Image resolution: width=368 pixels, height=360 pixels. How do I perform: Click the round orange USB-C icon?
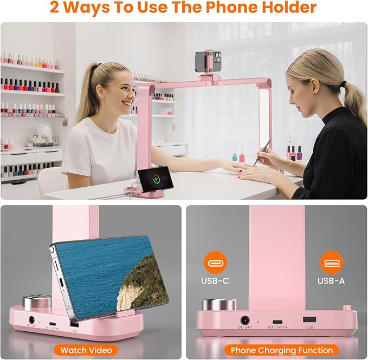pos(215,264)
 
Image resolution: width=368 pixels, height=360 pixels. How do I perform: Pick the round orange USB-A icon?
pos(331,264)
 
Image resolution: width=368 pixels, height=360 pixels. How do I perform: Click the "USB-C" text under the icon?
pos(215,282)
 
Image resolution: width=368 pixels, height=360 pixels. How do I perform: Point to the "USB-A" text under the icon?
pos(331,282)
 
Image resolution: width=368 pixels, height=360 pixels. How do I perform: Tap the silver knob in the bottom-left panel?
pos(36,302)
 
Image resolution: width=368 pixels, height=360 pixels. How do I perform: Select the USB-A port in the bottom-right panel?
pos(309,319)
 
